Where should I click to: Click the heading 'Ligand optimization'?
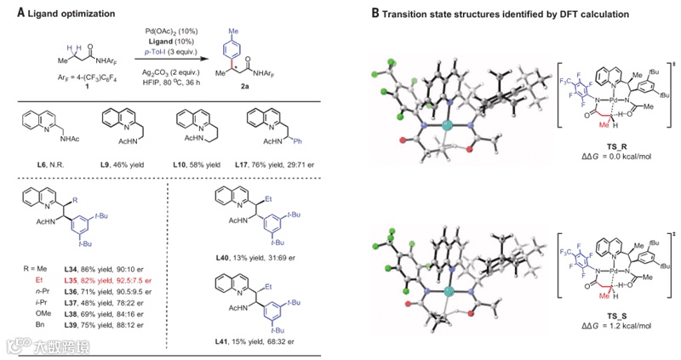point(67,11)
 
